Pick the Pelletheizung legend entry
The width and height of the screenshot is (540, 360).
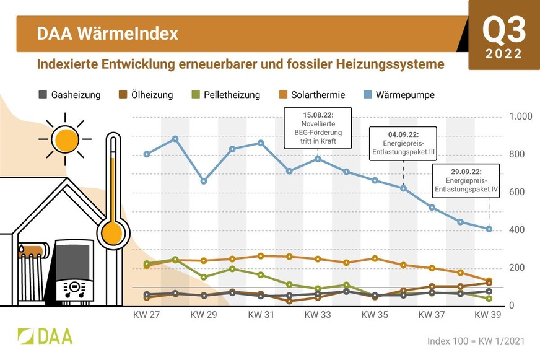click(223, 95)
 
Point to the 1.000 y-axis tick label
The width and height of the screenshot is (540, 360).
click(520, 116)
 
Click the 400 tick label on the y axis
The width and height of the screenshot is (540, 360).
click(516, 230)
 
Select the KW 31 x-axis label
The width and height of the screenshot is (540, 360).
click(261, 315)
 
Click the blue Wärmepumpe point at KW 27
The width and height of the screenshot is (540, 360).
click(147, 154)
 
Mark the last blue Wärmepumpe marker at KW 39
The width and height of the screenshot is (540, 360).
click(489, 229)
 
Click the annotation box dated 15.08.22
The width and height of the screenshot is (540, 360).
click(317, 128)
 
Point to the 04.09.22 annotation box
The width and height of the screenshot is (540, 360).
click(403, 144)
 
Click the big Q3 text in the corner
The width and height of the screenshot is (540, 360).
click(504, 29)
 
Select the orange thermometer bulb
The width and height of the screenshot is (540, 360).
click(113, 233)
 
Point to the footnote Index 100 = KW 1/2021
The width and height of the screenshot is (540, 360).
click(477, 341)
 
